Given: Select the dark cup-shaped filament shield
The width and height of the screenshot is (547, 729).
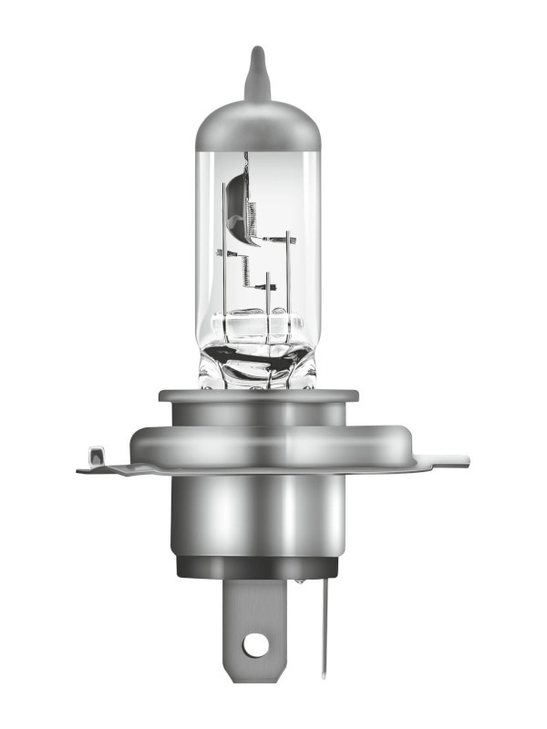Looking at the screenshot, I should [235, 197].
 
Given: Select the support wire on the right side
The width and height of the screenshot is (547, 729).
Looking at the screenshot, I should [289, 273].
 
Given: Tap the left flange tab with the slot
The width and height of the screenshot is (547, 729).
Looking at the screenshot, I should [98, 460].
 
